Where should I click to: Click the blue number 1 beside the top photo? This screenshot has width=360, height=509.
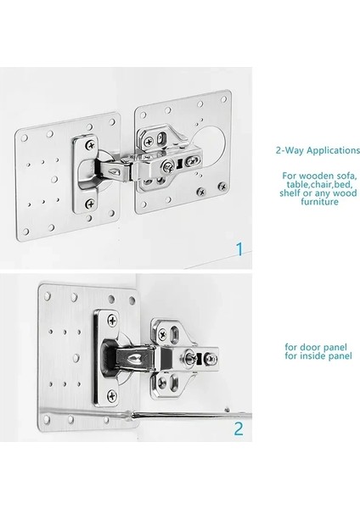point(239,249)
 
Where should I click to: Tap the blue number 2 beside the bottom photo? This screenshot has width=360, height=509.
point(239,428)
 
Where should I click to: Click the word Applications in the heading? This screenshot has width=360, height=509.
point(334,151)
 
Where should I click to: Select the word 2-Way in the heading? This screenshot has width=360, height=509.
point(290,150)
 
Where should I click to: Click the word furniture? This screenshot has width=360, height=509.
point(319,202)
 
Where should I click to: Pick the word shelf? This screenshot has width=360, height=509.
point(290,193)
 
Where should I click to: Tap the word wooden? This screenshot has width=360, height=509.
point(316,176)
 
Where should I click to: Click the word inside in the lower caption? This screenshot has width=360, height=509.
point(311,355)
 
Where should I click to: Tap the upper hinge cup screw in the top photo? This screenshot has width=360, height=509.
point(91,145)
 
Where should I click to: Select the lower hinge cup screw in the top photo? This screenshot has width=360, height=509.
point(90,204)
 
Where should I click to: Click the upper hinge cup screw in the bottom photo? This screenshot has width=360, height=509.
point(112,321)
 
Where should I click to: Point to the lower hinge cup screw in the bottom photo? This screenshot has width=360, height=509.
point(112,395)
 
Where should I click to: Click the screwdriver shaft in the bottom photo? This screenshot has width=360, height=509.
point(192,415)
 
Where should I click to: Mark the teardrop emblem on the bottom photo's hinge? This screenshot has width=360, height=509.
point(134,359)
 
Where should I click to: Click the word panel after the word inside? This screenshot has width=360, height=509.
point(339,356)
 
